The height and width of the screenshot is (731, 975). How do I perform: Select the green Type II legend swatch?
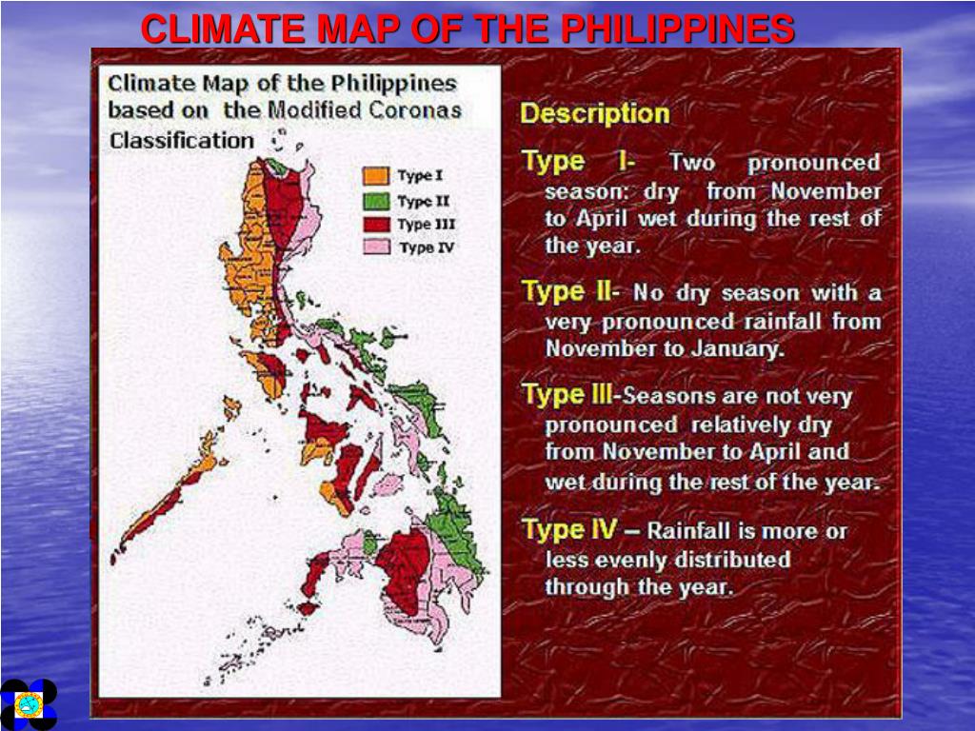376,201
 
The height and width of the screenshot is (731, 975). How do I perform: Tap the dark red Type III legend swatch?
376,225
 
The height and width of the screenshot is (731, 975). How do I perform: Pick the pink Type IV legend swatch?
376,247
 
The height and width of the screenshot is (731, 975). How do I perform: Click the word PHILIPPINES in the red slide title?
677,30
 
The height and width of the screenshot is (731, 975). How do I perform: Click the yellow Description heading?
595,114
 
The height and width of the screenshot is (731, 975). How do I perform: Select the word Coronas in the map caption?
418,109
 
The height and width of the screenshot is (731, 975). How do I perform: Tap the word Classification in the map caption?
181,141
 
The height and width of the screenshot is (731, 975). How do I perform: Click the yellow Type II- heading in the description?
571,291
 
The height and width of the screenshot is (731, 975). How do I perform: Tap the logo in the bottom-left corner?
29,704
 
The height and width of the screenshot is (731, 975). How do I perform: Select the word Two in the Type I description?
692,163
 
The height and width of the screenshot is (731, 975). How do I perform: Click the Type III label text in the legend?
426,225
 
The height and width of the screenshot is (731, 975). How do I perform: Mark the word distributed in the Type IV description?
733,559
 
